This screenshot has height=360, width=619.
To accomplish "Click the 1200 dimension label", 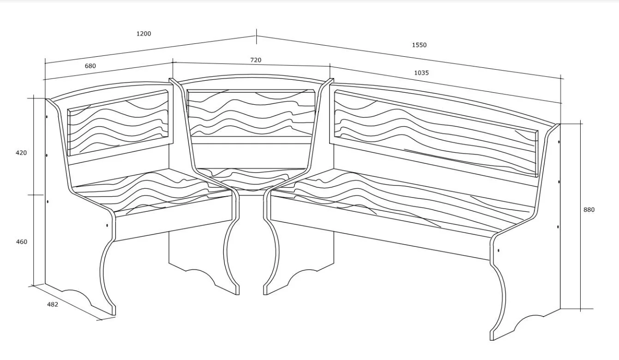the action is (x=144, y=34).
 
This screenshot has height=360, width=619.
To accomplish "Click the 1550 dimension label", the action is (x=419, y=45).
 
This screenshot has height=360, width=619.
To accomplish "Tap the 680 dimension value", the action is (x=90, y=66).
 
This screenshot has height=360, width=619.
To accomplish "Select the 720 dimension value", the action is (x=256, y=60).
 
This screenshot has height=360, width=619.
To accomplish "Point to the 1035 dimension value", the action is (x=421, y=73).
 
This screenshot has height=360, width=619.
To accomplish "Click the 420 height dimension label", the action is (x=21, y=153).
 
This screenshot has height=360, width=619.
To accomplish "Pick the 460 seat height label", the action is (x=22, y=242).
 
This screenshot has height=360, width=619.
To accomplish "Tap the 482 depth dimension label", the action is (x=53, y=305).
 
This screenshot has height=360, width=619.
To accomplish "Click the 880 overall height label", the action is (x=589, y=210).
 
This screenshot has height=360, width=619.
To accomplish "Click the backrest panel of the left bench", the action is (x=118, y=123).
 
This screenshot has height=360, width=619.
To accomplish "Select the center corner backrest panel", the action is (x=251, y=113).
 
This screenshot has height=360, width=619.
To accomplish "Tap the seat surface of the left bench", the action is (x=152, y=190).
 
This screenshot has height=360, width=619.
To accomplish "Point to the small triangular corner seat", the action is (x=251, y=179).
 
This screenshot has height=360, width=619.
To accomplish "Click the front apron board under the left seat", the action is (x=174, y=218).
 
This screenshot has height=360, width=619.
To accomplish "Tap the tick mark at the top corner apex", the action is (x=257, y=36).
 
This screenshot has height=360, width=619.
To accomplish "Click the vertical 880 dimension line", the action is (x=580, y=216).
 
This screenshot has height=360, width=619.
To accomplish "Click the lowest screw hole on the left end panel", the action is (x=107, y=225).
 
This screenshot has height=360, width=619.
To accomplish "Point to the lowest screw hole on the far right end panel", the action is (x=498, y=251).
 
